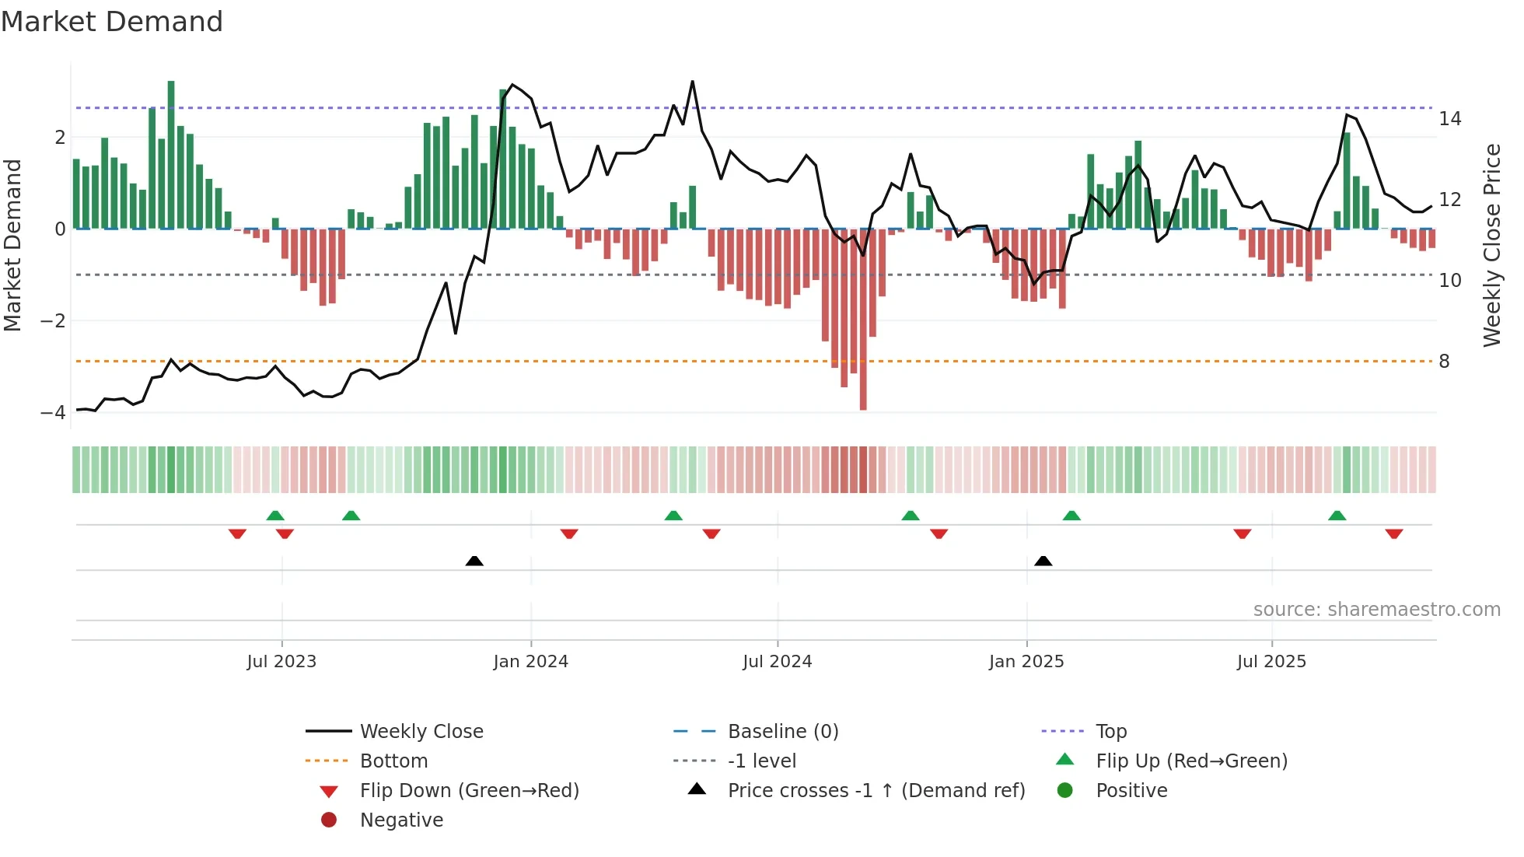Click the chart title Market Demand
[x=112, y=22]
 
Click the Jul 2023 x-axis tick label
[x=281, y=662]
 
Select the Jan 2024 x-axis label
[x=531, y=662]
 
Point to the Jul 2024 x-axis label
[x=777, y=662]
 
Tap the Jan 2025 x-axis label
[x=1026, y=662]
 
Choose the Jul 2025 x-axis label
[x=1271, y=662]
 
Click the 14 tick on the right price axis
[x=1449, y=119]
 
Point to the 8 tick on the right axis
[x=1444, y=362]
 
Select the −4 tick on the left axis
[x=54, y=413]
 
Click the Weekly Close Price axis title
[x=1491, y=245]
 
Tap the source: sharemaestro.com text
[x=1376, y=610]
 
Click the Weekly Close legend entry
[x=421, y=732]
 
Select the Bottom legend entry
[x=393, y=761]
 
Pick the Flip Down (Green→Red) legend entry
[x=469, y=791]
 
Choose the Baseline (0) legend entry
[x=782, y=732]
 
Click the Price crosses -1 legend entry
[x=876, y=791]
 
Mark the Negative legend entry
[x=401, y=820]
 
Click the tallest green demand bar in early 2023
[x=171, y=156]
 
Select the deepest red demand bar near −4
[x=863, y=319]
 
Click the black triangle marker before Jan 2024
[x=474, y=561]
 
